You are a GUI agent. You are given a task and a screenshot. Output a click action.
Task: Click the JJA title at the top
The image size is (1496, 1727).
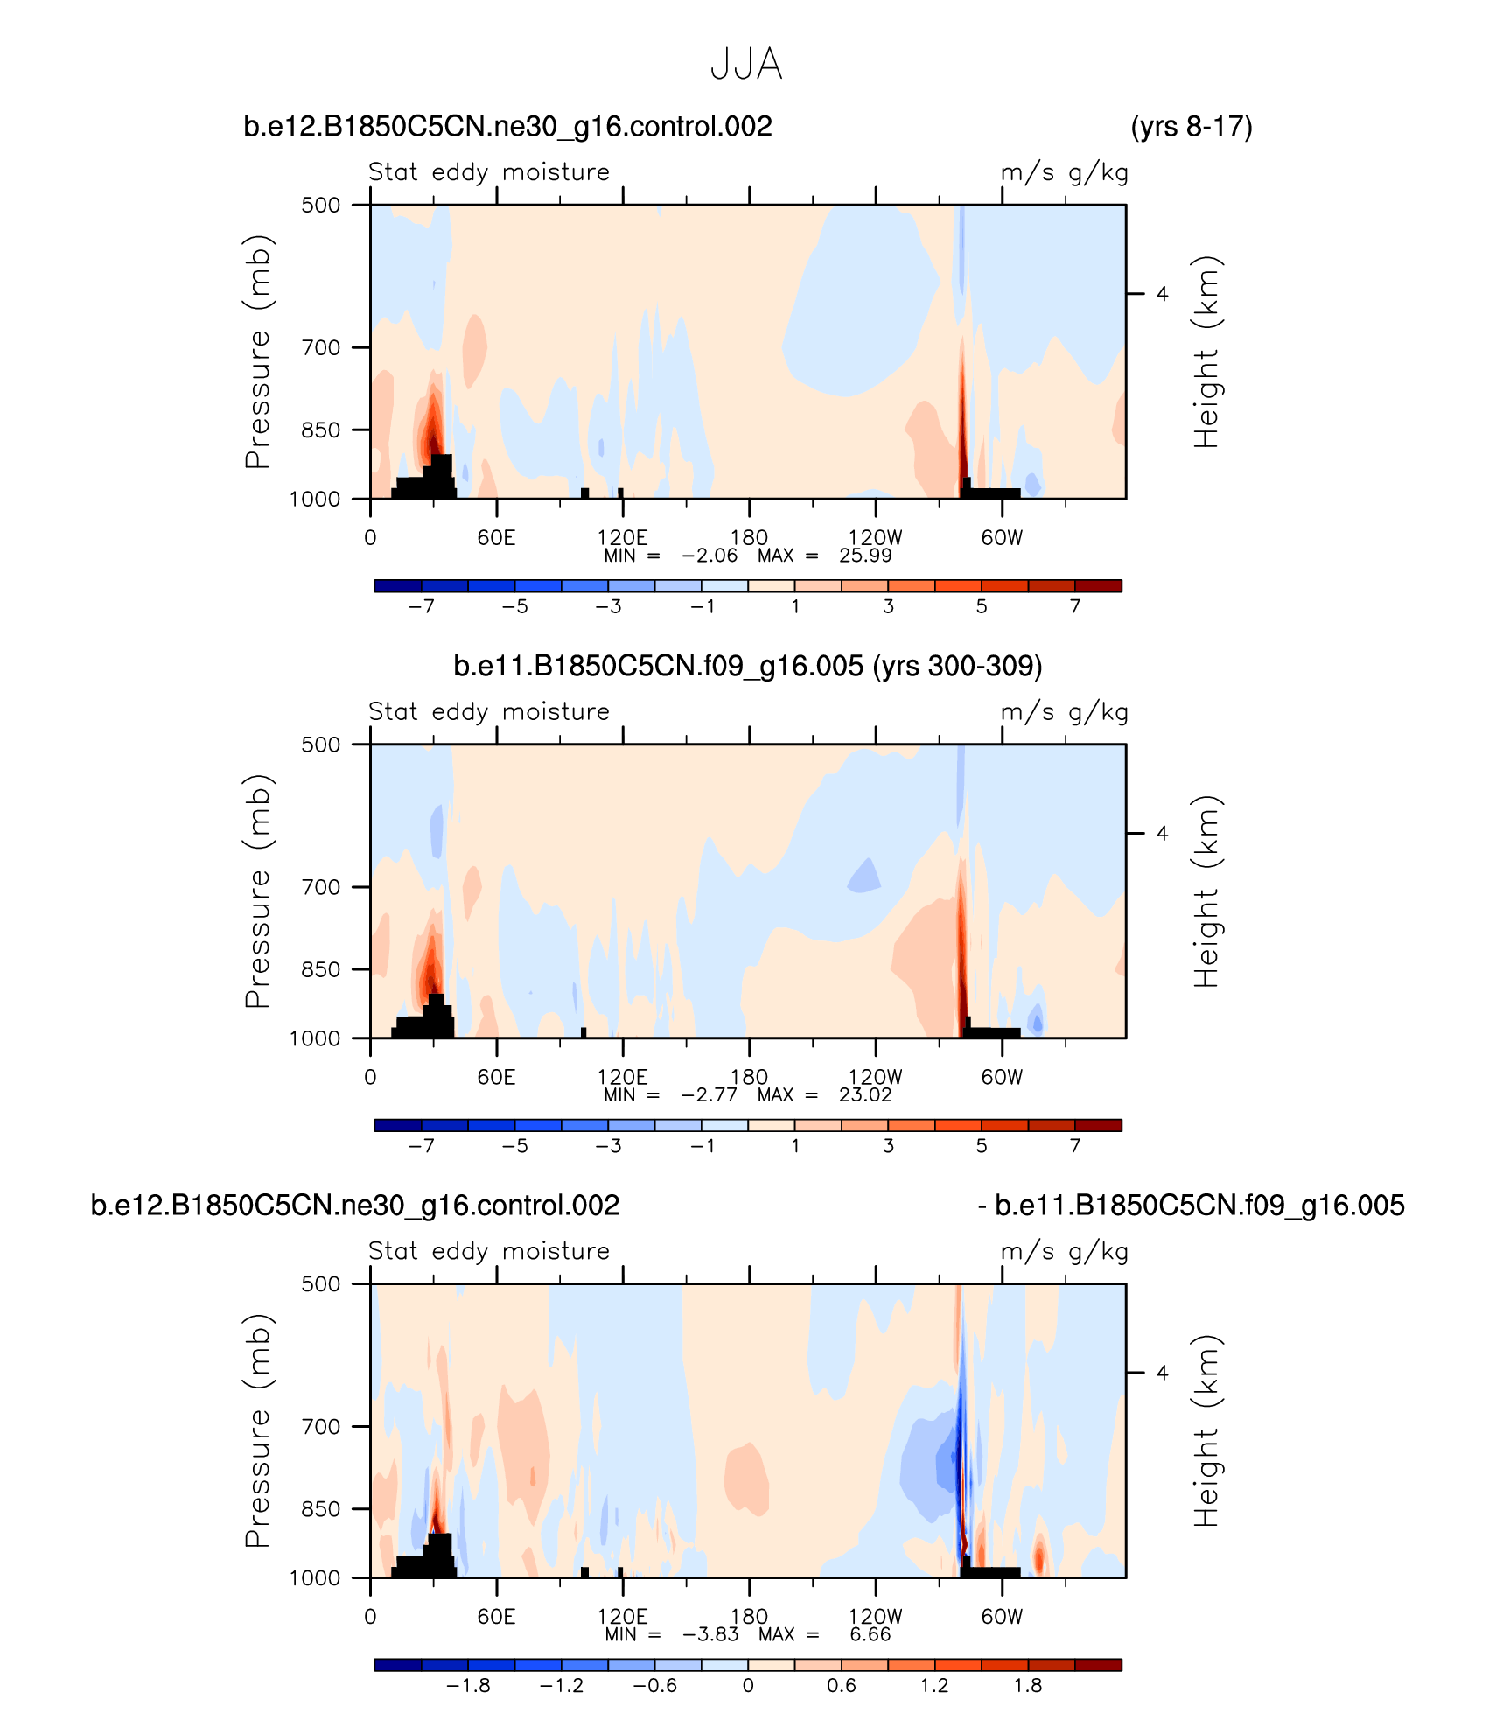click(746, 65)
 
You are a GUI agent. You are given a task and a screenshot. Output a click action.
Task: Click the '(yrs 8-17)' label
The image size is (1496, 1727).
click(1192, 127)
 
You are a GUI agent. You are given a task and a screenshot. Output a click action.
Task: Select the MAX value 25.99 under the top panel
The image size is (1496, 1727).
click(865, 556)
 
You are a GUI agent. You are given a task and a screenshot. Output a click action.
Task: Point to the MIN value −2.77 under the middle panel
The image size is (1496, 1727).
click(710, 1095)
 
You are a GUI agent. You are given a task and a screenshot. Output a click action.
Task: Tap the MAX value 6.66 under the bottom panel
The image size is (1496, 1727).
click(870, 1635)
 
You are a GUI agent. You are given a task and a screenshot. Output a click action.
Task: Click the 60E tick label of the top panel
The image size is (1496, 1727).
click(496, 537)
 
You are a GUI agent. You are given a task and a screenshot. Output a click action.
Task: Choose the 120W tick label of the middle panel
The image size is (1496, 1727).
click(875, 1077)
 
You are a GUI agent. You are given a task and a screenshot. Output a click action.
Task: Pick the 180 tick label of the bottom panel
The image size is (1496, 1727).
click(749, 1617)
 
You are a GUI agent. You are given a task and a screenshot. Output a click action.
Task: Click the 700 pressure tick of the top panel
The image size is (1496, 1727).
click(321, 348)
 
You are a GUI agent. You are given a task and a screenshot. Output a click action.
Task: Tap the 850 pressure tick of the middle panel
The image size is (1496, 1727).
click(321, 970)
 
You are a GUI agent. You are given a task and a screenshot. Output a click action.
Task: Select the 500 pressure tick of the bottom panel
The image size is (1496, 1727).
click(321, 1284)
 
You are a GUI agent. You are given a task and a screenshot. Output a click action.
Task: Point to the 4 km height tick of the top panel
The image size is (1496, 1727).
click(1162, 294)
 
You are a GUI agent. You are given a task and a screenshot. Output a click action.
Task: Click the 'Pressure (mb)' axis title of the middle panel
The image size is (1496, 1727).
click(258, 891)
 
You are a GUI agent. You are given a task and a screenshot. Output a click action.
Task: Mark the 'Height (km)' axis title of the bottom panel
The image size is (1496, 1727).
click(1206, 1431)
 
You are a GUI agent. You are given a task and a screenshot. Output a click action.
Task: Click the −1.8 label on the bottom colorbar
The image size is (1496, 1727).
click(468, 1686)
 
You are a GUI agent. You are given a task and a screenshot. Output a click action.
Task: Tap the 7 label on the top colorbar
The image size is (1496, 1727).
click(1075, 606)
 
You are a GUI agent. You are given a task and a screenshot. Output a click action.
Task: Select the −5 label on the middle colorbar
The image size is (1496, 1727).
click(514, 1146)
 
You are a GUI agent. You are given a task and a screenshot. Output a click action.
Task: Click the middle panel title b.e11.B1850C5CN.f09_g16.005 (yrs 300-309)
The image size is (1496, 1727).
click(747, 667)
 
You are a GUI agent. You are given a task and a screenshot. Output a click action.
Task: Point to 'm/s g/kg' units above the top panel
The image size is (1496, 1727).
click(1064, 172)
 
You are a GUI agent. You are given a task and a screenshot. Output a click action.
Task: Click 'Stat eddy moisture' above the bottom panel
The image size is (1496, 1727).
click(488, 1251)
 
